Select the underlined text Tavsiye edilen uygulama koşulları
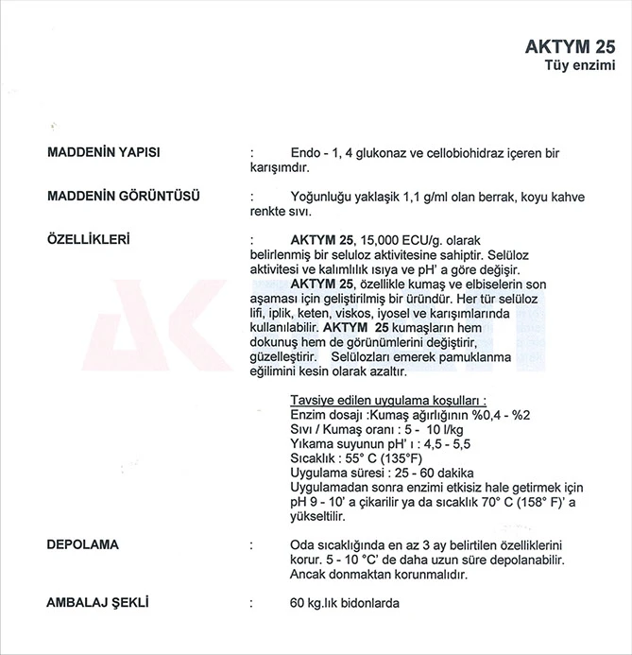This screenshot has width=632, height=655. click(393, 400)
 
